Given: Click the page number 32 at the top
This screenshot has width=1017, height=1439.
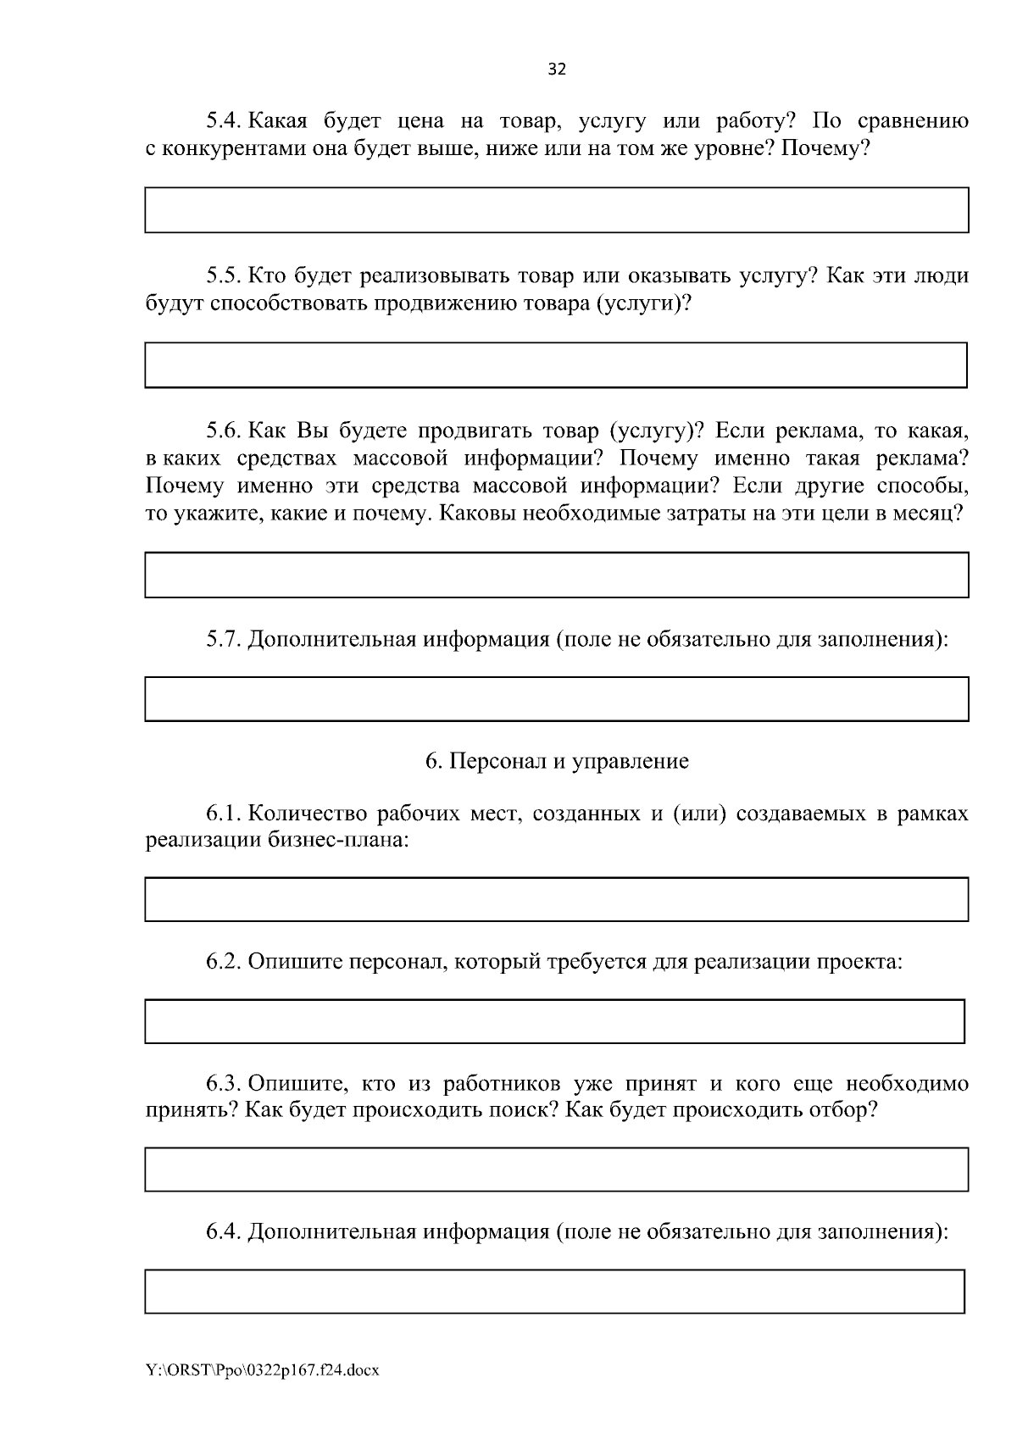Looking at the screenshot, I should tap(557, 69).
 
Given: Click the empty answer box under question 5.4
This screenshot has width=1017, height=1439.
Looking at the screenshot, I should tap(556, 210).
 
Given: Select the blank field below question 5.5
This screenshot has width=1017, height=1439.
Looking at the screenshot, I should tap(556, 365).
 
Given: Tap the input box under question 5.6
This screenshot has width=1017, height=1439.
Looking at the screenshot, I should tap(556, 575).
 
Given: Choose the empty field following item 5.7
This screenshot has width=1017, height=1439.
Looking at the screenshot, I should tap(556, 699).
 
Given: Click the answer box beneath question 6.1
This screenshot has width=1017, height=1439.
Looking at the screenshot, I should tap(556, 899).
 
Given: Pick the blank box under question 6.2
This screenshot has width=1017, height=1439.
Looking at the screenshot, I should tap(554, 1021).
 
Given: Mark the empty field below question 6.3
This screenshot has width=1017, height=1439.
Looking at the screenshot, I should tap(556, 1170).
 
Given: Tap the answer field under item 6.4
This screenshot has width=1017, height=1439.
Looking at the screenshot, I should tap(554, 1292).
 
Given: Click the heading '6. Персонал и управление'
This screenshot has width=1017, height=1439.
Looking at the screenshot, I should tap(557, 761).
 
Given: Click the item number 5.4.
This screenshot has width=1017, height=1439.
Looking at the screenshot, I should tap(225, 121).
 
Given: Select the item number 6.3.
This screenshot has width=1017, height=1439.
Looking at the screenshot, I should tap(225, 1084).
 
